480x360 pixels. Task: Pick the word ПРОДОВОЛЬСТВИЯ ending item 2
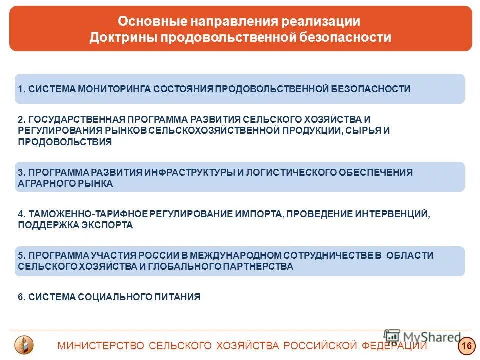[65, 141]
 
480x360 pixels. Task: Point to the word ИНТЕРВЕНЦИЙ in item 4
[391, 214]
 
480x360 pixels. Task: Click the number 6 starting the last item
[20, 297]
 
